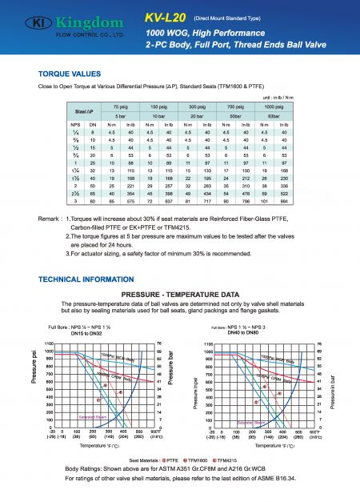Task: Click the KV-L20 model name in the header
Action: point(167,16)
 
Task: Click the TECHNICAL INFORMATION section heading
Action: point(89,279)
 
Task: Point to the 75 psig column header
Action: point(121,106)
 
